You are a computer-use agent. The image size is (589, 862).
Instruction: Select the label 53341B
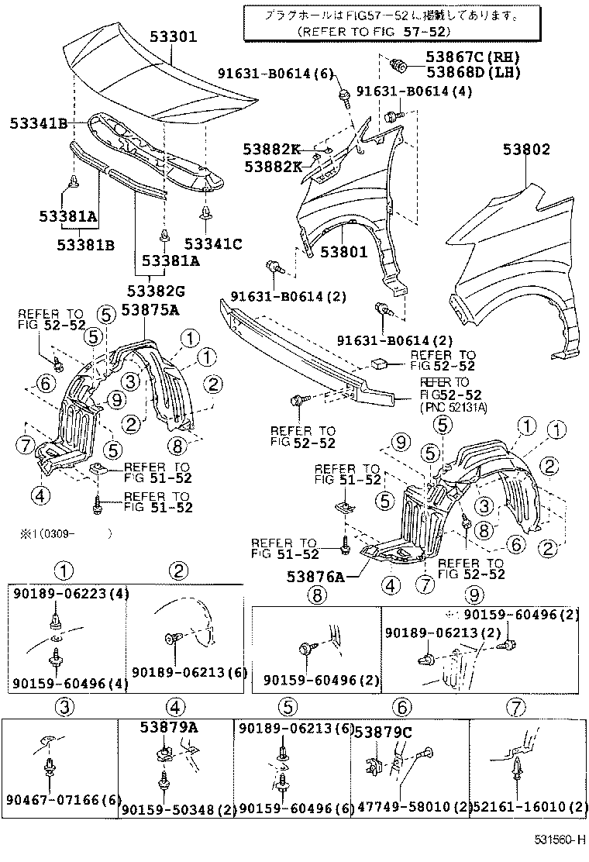click(37, 123)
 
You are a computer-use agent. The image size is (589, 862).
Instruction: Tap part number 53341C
click(213, 245)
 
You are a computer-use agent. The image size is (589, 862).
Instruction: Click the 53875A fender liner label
click(150, 310)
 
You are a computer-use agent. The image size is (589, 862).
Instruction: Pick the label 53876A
click(312, 576)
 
